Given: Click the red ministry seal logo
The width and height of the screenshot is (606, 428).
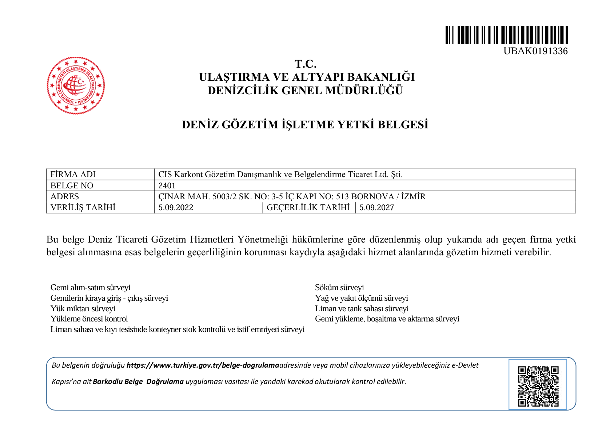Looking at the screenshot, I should (x=76, y=85).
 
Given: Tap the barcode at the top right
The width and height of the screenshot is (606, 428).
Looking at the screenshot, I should (x=506, y=35).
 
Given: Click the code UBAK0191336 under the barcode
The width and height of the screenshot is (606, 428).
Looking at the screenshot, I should (x=535, y=51).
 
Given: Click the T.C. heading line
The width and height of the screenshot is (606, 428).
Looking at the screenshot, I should (x=306, y=64).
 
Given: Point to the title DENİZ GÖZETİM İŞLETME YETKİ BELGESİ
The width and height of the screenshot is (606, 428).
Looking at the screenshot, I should (x=305, y=125).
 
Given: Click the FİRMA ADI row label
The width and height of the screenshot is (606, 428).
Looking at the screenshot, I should (x=73, y=175).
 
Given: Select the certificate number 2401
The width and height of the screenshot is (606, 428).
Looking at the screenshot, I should (x=167, y=186).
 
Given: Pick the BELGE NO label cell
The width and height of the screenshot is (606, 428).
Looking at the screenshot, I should (x=72, y=186).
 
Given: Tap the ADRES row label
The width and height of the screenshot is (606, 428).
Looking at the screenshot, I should (x=65, y=197).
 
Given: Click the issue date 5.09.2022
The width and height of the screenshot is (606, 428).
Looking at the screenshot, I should (x=176, y=208).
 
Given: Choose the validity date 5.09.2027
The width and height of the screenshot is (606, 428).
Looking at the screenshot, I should (x=376, y=208).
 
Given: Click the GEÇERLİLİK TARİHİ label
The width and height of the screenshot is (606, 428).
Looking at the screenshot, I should (x=308, y=208).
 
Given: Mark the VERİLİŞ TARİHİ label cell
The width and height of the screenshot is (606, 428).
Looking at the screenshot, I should (x=83, y=208).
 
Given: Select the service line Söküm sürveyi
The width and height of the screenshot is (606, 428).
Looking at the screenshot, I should (x=339, y=288).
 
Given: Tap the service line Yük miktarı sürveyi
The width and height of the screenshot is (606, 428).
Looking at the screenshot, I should (x=83, y=309).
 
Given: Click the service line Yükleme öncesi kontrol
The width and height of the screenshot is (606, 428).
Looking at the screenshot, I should (x=89, y=319).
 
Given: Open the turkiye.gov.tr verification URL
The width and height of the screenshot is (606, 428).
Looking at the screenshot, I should (x=203, y=365).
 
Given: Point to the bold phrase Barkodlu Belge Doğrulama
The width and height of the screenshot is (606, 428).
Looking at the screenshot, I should (x=138, y=382).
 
